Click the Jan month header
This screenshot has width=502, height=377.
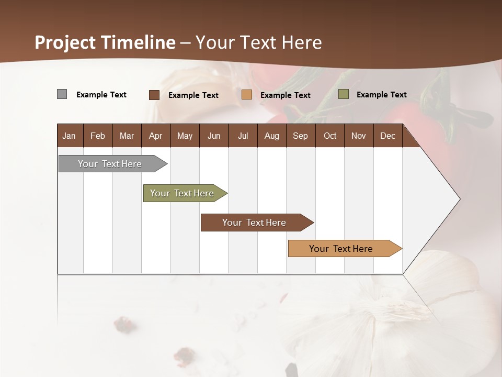click(x=69, y=136)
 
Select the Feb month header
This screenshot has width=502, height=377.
click(x=98, y=136)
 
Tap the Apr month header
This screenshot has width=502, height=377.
click(x=155, y=136)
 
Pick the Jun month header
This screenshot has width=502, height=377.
click(x=214, y=136)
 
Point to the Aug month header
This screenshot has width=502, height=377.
click(x=271, y=136)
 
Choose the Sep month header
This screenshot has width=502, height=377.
click(x=300, y=136)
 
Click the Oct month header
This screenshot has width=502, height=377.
click(x=330, y=136)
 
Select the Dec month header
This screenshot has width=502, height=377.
click(x=387, y=136)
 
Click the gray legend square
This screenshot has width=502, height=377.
click(x=62, y=94)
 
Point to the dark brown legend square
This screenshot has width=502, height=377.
click(x=154, y=95)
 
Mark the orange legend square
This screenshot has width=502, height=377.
click(x=247, y=95)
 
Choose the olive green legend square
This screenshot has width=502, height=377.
click(x=343, y=94)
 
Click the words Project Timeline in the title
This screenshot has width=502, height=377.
click(x=105, y=42)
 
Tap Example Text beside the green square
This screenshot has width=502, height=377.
click(x=381, y=94)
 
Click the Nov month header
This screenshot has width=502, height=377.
click(x=358, y=136)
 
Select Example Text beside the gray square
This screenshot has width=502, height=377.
click(x=101, y=94)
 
